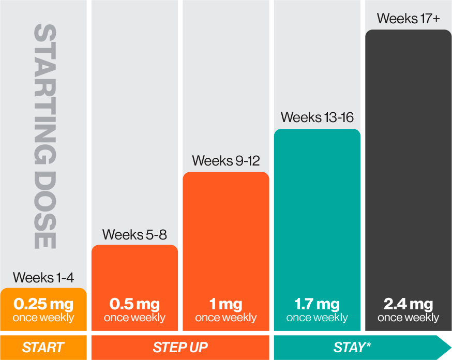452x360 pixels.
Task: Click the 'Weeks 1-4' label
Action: click(43, 277)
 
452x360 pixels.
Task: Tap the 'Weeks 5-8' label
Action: click(134, 234)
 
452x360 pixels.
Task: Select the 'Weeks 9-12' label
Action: click(226, 161)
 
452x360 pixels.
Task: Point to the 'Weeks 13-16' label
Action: click(317, 117)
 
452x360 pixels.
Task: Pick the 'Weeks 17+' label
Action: click(409, 19)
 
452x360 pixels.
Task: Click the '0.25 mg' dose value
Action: click(43, 304)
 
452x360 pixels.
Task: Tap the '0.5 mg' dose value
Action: click(134, 304)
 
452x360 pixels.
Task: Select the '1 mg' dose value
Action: click(226, 304)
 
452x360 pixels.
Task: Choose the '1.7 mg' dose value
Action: click(317, 304)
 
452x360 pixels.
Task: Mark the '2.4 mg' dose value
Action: click(409, 304)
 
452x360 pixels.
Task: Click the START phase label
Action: click(43, 348)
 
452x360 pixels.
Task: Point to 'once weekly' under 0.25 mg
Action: click(43, 318)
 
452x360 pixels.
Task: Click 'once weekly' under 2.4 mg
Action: click(409, 318)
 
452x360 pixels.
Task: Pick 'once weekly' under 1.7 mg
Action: click(317, 318)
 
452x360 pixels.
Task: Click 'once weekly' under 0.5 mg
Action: click(134, 318)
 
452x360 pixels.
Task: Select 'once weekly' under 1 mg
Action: click(226, 318)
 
